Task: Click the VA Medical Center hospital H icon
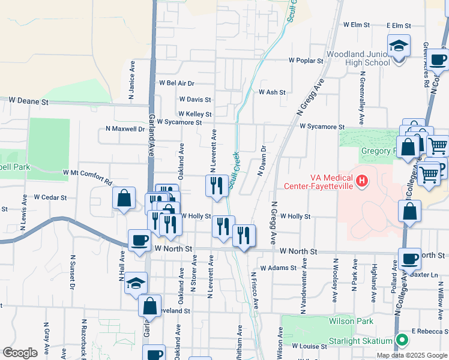pos(361,181)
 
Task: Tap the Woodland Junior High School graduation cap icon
pos(397,46)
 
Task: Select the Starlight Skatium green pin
pos(402,341)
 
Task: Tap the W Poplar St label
pos(306,61)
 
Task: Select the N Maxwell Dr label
pos(125,128)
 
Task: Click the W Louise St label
pos(309,346)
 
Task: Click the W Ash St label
pos(272,92)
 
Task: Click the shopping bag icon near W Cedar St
pos(124,199)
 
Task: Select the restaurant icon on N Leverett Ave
pos(215,185)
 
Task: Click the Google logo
pos(20,352)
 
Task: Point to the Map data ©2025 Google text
pos(411,355)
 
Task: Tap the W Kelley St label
pos(194,114)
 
